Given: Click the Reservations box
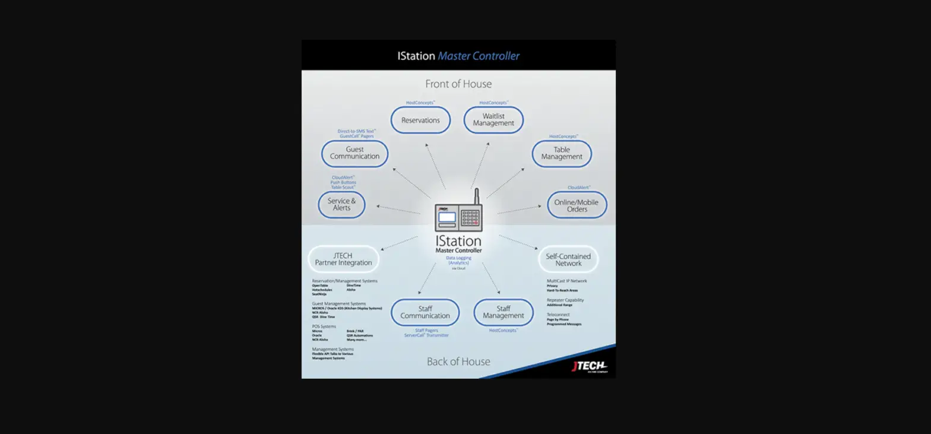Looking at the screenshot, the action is pyautogui.click(x=420, y=121).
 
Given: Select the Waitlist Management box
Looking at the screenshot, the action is pyautogui.click(x=493, y=120).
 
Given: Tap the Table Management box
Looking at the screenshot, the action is pyautogui.click(x=562, y=154).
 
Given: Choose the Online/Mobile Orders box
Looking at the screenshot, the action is pyautogui.click(x=577, y=205).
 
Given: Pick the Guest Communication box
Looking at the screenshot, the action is pyautogui.click(x=354, y=153).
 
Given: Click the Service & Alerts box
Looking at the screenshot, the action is pyautogui.click(x=341, y=204).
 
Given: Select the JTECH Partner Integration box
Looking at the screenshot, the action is pyautogui.click(x=343, y=259).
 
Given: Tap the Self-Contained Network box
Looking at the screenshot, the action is pyautogui.click(x=568, y=259).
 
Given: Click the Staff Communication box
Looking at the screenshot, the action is pyautogui.click(x=425, y=312).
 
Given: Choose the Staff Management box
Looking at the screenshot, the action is pyautogui.click(x=503, y=312).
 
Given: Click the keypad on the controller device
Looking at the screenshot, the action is pyautogui.click(x=470, y=218).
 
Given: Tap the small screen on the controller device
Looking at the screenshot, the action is pyautogui.click(x=447, y=217).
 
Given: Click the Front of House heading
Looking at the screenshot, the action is pyautogui.click(x=458, y=84).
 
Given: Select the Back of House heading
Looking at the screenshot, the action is pyautogui.click(x=458, y=362).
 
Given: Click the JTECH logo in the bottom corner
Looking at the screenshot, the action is pyautogui.click(x=589, y=366).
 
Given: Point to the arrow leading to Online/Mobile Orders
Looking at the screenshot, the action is pyautogui.click(x=518, y=210).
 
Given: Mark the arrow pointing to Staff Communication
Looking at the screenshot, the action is pyautogui.click(x=427, y=278).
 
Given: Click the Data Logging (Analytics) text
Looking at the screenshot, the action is pyautogui.click(x=458, y=261).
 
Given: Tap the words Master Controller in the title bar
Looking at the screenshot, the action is pyautogui.click(x=479, y=56).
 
